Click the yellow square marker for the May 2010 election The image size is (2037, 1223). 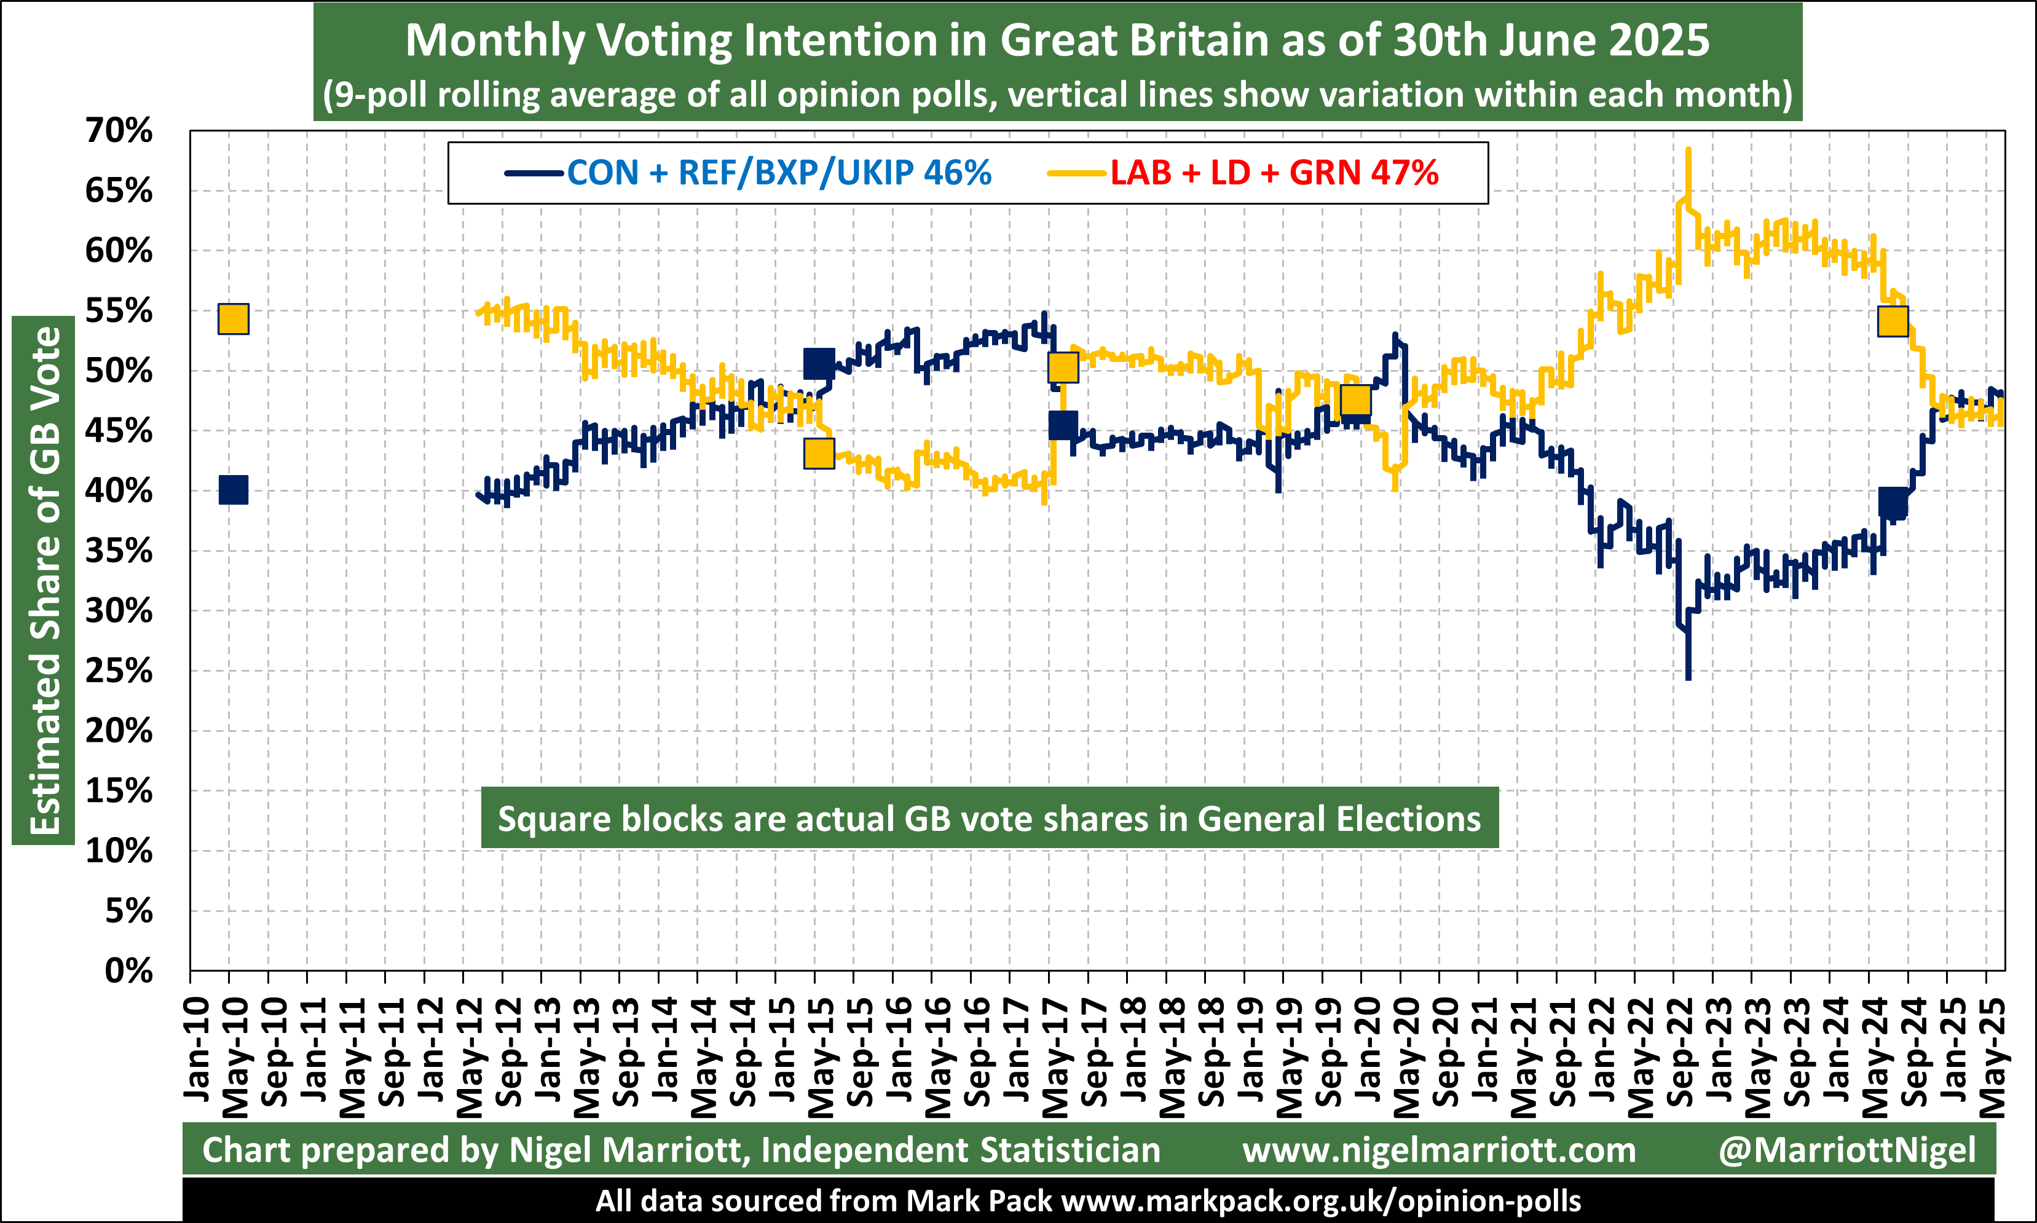(233, 319)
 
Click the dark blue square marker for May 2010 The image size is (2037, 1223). (233, 490)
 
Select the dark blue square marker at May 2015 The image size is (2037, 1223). (818, 363)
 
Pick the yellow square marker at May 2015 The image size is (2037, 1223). (818, 454)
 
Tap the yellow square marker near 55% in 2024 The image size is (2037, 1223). (1893, 321)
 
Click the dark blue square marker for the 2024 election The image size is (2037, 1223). (1893, 502)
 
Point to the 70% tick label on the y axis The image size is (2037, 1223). (119, 130)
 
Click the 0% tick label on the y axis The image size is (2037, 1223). (128, 972)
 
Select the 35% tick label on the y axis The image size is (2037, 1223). (119, 551)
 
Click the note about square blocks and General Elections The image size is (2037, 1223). (989, 819)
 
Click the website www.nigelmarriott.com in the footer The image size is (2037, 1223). (1439, 1150)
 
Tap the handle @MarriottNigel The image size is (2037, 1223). (1846, 1150)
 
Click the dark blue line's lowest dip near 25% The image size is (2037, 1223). (1688, 677)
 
